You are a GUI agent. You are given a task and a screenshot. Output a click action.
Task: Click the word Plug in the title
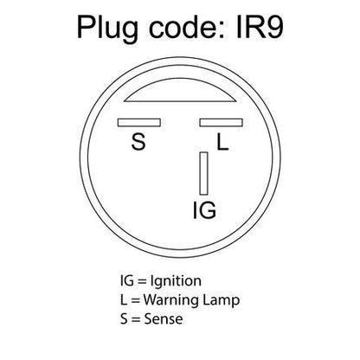click(107, 29)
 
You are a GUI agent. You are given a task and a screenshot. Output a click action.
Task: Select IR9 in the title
click(260, 27)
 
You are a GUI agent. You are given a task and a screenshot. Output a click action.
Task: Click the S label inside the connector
click(138, 142)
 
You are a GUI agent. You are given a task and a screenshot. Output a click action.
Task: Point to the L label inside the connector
click(222, 142)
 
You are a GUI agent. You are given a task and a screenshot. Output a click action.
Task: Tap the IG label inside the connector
click(204, 210)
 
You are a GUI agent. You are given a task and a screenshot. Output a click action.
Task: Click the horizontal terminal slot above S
click(139, 123)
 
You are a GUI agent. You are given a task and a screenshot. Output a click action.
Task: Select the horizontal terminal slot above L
click(221, 123)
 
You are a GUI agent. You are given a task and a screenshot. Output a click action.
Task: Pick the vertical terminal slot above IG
click(203, 173)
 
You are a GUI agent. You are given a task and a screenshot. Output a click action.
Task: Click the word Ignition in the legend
click(176, 282)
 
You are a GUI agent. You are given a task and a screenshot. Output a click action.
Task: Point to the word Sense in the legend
click(164, 318)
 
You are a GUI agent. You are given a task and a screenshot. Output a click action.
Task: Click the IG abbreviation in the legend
click(127, 280)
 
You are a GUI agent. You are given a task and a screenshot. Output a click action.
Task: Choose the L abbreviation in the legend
click(124, 299)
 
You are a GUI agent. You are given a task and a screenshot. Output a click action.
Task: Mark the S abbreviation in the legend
click(124, 318)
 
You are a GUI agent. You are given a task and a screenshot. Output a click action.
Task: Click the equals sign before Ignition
click(142, 281)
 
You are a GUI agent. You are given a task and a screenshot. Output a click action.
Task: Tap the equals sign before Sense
click(136, 319)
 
